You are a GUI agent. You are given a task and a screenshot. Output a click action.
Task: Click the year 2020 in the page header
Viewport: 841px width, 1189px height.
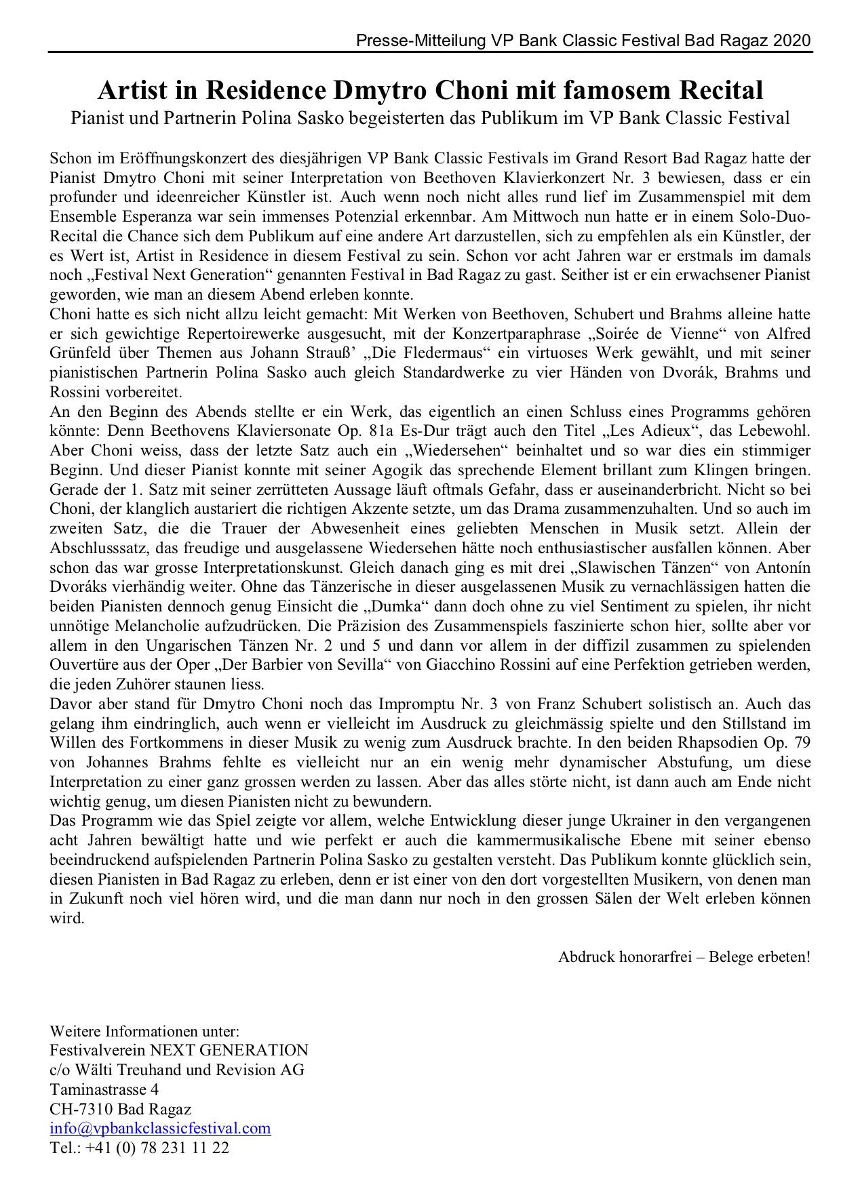tap(792, 41)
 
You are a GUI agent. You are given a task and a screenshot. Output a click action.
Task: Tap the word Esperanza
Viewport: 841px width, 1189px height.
tap(133, 218)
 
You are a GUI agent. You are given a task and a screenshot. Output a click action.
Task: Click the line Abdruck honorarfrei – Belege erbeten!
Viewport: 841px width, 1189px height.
tap(684, 957)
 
